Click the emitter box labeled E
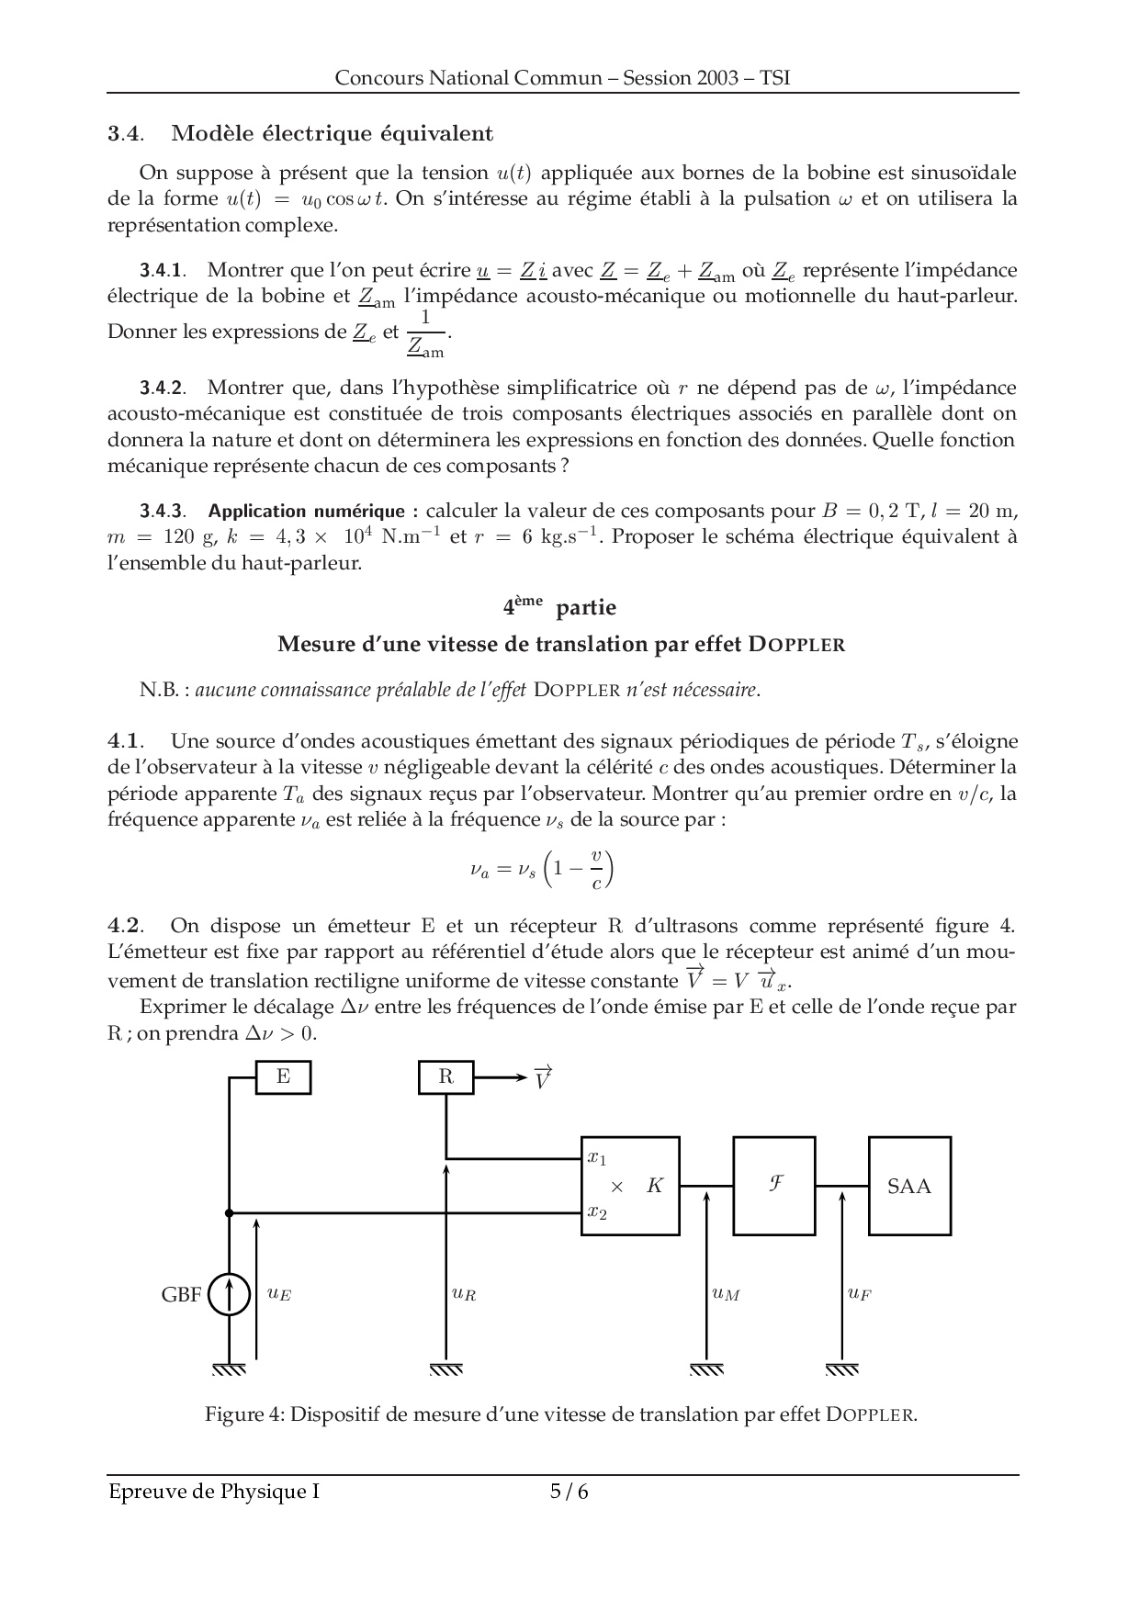pyautogui.click(x=283, y=1077)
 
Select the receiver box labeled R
pyautogui.click(x=445, y=1077)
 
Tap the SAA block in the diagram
pyautogui.click(x=909, y=1186)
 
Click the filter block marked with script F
pyautogui.click(x=774, y=1186)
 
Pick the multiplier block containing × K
pyautogui.click(x=631, y=1186)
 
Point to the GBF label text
pyautogui.click(x=181, y=1296)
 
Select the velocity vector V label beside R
pyautogui.click(x=542, y=1077)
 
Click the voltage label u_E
pyautogui.click(x=279, y=1294)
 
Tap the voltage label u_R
pyautogui.click(x=464, y=1294)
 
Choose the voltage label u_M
pyautogui.click(x=726, y=1294)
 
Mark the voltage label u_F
pyautogui.click(x=859, y=1294)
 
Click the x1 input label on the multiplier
pyautogui.click(x=597, y=1158)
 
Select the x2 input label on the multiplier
pyautogui.click(x=597, y=1212)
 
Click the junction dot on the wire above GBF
pyautogui.click(x=229, y=1213)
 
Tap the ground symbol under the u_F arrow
pyautogui.click(x=841, y=1369)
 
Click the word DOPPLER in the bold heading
pyautogui.click(x=796, y=645)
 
